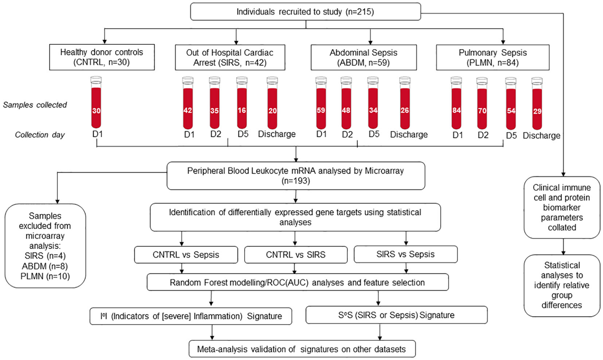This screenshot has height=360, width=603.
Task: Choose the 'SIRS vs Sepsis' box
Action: [x=405, y=254]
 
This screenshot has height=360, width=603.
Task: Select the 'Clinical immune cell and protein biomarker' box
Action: [x=562, y=206]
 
